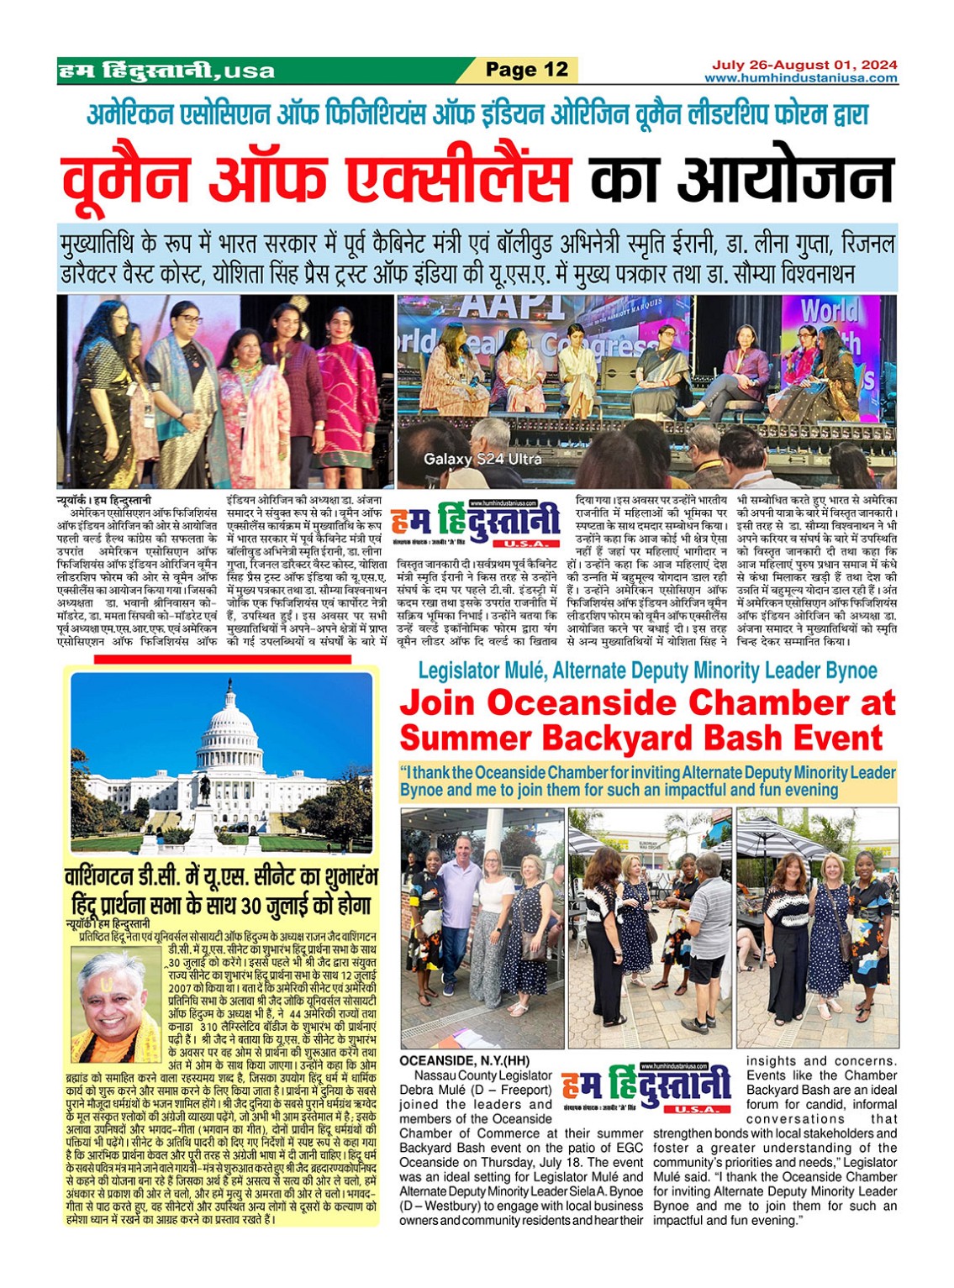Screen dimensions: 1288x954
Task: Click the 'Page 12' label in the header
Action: [527, 70]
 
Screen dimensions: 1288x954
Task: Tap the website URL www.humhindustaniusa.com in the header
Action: [800, 78]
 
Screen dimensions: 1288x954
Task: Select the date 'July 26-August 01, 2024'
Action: [804, 65]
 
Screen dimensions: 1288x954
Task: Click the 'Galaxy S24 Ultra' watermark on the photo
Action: [482, 459]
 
